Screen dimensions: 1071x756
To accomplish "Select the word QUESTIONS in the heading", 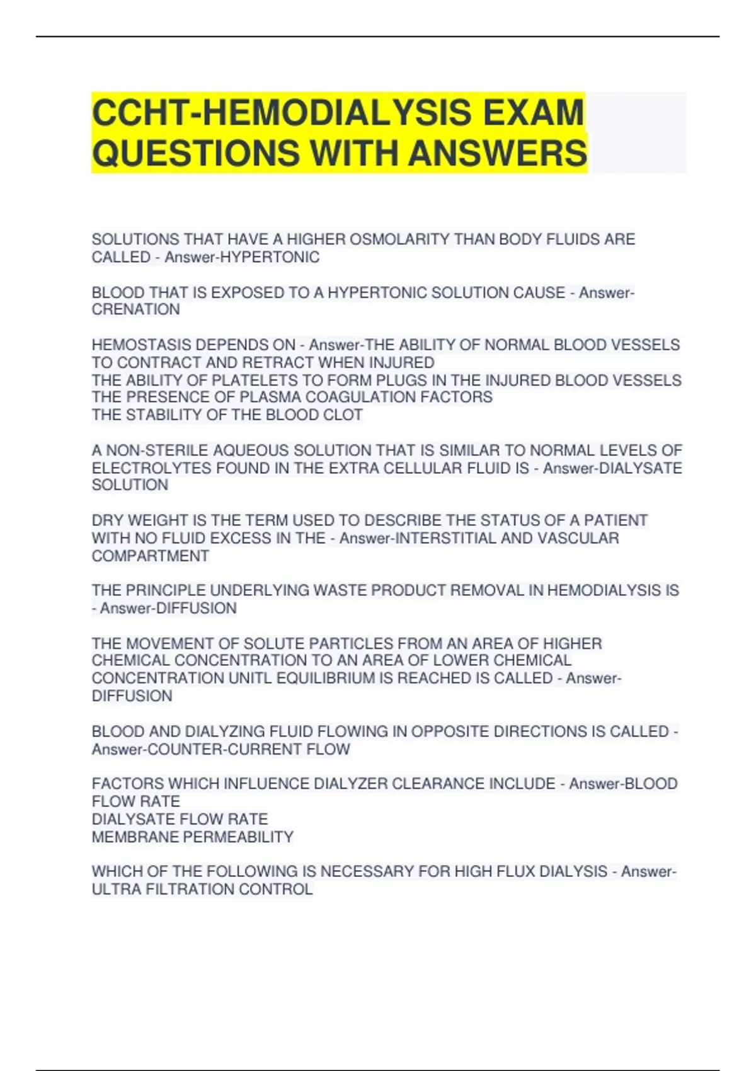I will pyautogui.click(x=195, y=153).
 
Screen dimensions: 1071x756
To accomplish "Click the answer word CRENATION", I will pyautogui.click(x=135, y=309).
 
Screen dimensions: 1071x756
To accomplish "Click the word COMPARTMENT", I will pyautogui.click(x=150, y=556).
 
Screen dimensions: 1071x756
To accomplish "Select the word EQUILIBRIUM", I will pyautogui.click(x=335, y=678).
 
